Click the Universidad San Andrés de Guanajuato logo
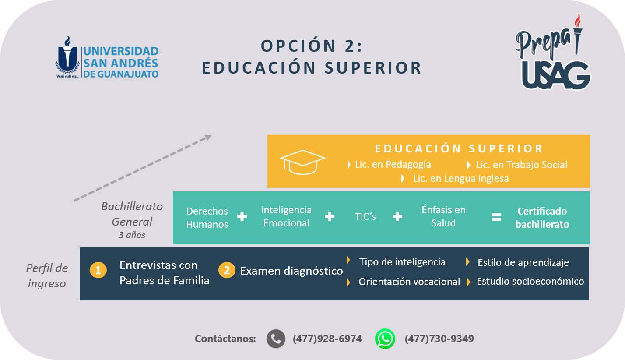point(107,57)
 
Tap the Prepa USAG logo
point(553,52)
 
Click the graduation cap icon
point(303,162)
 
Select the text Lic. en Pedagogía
point(393,165)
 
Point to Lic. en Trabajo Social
point(521,165)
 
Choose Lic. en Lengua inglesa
point(461,178)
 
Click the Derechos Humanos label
point(207,218)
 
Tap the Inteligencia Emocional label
point(286,216)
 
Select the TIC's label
point(365,216)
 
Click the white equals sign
point(496,217)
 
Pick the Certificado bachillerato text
point(542,218)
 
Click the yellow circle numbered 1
point(98,270)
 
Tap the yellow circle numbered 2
point(227,270)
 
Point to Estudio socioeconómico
point(530,281)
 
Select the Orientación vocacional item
point(409,282)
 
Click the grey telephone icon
point(276,339)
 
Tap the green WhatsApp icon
point(385,339)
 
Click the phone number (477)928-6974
point(327,339)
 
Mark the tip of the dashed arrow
point(211,135)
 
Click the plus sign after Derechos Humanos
point(242,216)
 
